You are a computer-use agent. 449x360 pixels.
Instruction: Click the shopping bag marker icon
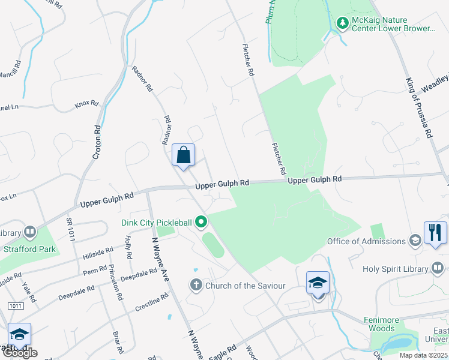tap(184, 155)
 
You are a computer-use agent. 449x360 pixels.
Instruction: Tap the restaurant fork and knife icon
tap(435, 232)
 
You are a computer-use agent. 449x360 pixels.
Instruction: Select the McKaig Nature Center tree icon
tap(343, 23)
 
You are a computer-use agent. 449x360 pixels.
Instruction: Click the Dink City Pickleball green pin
tap(202, 223)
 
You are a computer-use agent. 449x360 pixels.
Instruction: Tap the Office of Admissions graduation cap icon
tap(415, 241)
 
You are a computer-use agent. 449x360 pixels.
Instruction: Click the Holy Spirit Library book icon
tap(439, 268)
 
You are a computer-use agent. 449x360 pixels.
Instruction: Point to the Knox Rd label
tap(86, 104)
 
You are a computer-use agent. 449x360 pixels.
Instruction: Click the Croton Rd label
tap(97, 141)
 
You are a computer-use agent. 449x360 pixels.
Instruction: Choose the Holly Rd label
tap(128, 247)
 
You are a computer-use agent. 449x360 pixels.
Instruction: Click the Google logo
tap(19, 353)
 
